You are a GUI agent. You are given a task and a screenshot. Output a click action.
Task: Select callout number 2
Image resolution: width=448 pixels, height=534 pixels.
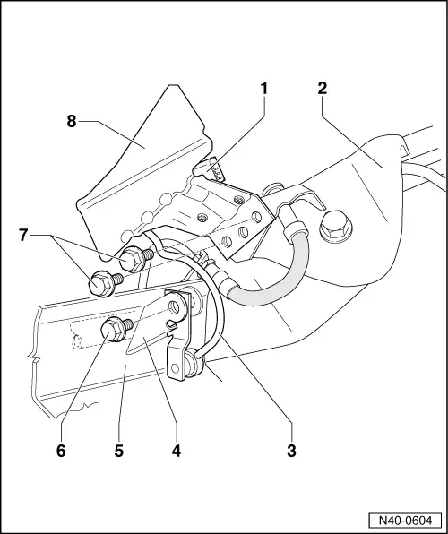[x=322, y=89]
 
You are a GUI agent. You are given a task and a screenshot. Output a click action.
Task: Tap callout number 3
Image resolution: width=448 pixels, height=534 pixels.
[x=291, y=450]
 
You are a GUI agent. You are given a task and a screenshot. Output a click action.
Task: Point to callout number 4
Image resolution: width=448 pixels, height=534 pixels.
[x=177, y=451]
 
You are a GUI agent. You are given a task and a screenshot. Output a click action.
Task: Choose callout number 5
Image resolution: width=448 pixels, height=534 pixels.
[x=119, y=451]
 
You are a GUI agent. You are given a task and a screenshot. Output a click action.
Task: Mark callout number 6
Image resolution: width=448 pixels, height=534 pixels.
[x=61, y=451]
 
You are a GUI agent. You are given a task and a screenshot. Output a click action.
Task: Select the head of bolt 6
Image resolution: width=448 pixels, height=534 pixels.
[x=115, y=331]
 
